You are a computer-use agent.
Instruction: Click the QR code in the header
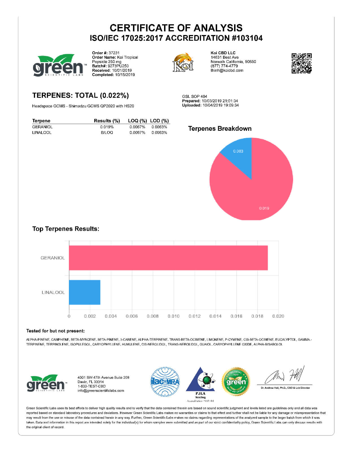click(302, 63)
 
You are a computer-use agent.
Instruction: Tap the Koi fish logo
click(183, 62)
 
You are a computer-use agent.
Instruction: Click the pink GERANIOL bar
click(168, 258)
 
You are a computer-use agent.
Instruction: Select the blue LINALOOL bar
click(85, 292)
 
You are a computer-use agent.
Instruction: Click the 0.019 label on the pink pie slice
click(264, 208)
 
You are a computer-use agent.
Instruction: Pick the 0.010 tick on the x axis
click(173, 316)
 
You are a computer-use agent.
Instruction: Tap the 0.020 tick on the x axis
click(278, 316)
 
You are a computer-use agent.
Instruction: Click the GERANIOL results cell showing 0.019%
click(107, 127)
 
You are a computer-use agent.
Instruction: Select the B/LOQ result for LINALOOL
click(107, 132)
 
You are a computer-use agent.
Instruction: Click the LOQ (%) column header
click(137, 121)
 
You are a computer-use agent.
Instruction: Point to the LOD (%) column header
click(159, 121)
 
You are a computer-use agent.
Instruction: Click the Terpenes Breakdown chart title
click(220, 129)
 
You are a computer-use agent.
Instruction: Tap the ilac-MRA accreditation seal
click(165, 382)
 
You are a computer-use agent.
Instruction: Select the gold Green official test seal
click(236, 382)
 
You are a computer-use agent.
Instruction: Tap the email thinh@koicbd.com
click(227, 71)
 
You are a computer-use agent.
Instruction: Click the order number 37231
click(114, 53)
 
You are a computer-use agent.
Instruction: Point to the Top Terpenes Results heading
click(66, 229)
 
